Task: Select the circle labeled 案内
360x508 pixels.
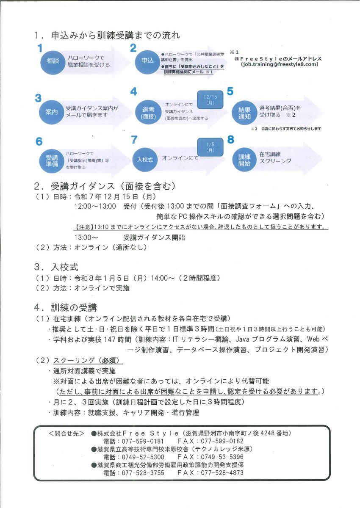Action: click(x=51, y=112)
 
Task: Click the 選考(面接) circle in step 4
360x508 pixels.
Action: click(x=146, y=112)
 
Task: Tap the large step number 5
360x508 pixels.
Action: click(x=230, y=91)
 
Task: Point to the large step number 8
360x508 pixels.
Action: click(x=230, y=139)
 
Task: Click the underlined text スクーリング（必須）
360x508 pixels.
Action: click(x=88, y=361)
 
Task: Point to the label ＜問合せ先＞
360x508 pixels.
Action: click(x=66, y=433)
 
